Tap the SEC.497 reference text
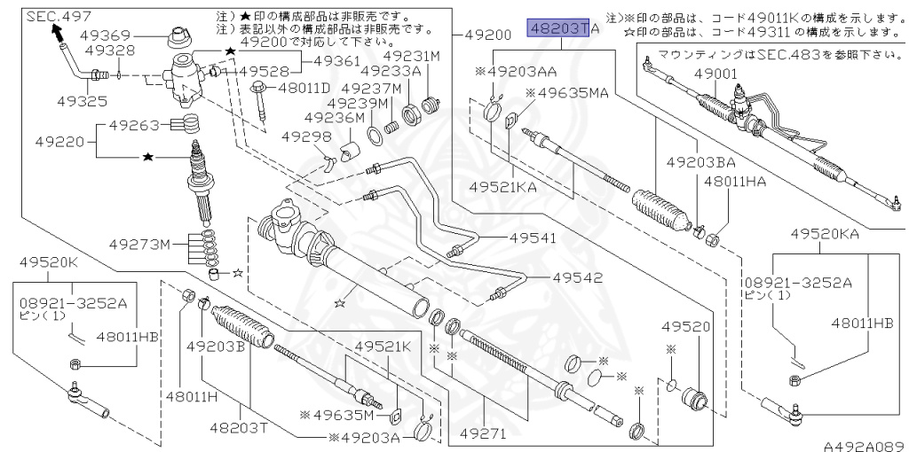pyautogui.click(x=58, y=17)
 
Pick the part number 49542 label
pyautogui.click(x=577, y=277)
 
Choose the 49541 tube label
pyautogui.click(x=533, y=238)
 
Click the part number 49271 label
pyautogui.click(x=483, y=433)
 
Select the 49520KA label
pyautogui.click(x=825, y=234)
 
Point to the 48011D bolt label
pyautogui.click(x=304, y=88)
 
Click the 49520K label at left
pyautogui.click(x=48, y=261)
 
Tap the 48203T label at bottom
pyautogui.click(x=238, y=427)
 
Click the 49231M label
pyautogui.click(x=412, y=56)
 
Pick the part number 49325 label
pyautogui.click(x=83, y=101)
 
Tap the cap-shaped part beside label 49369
pyautogui.click(x=179, y=39)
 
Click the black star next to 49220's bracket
pyautogui.click(x=148, y=157)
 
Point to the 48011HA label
pyautogui.click(x=735, y=182)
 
